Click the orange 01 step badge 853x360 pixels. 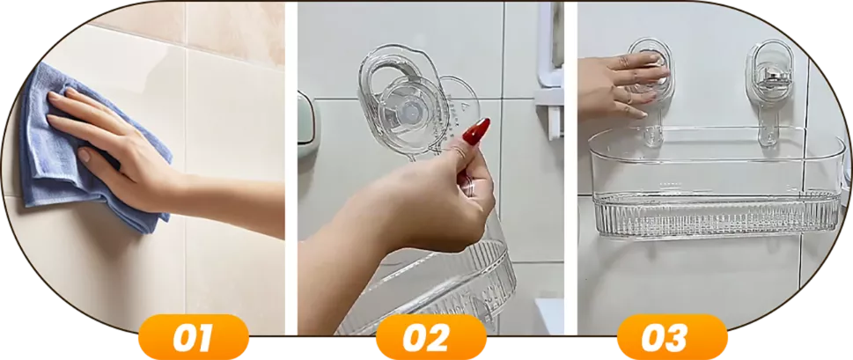[x=193, y=337]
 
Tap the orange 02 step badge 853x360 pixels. [x=430, y=337]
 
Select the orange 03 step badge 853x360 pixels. [x=672, y=337]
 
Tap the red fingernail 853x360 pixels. [x=477, y=131]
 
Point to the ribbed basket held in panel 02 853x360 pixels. [x=435, y=288]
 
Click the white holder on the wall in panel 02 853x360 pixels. [x=548, y=70]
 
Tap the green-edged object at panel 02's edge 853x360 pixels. [x=305, y=125]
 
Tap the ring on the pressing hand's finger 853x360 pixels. [x=629, y=99]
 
